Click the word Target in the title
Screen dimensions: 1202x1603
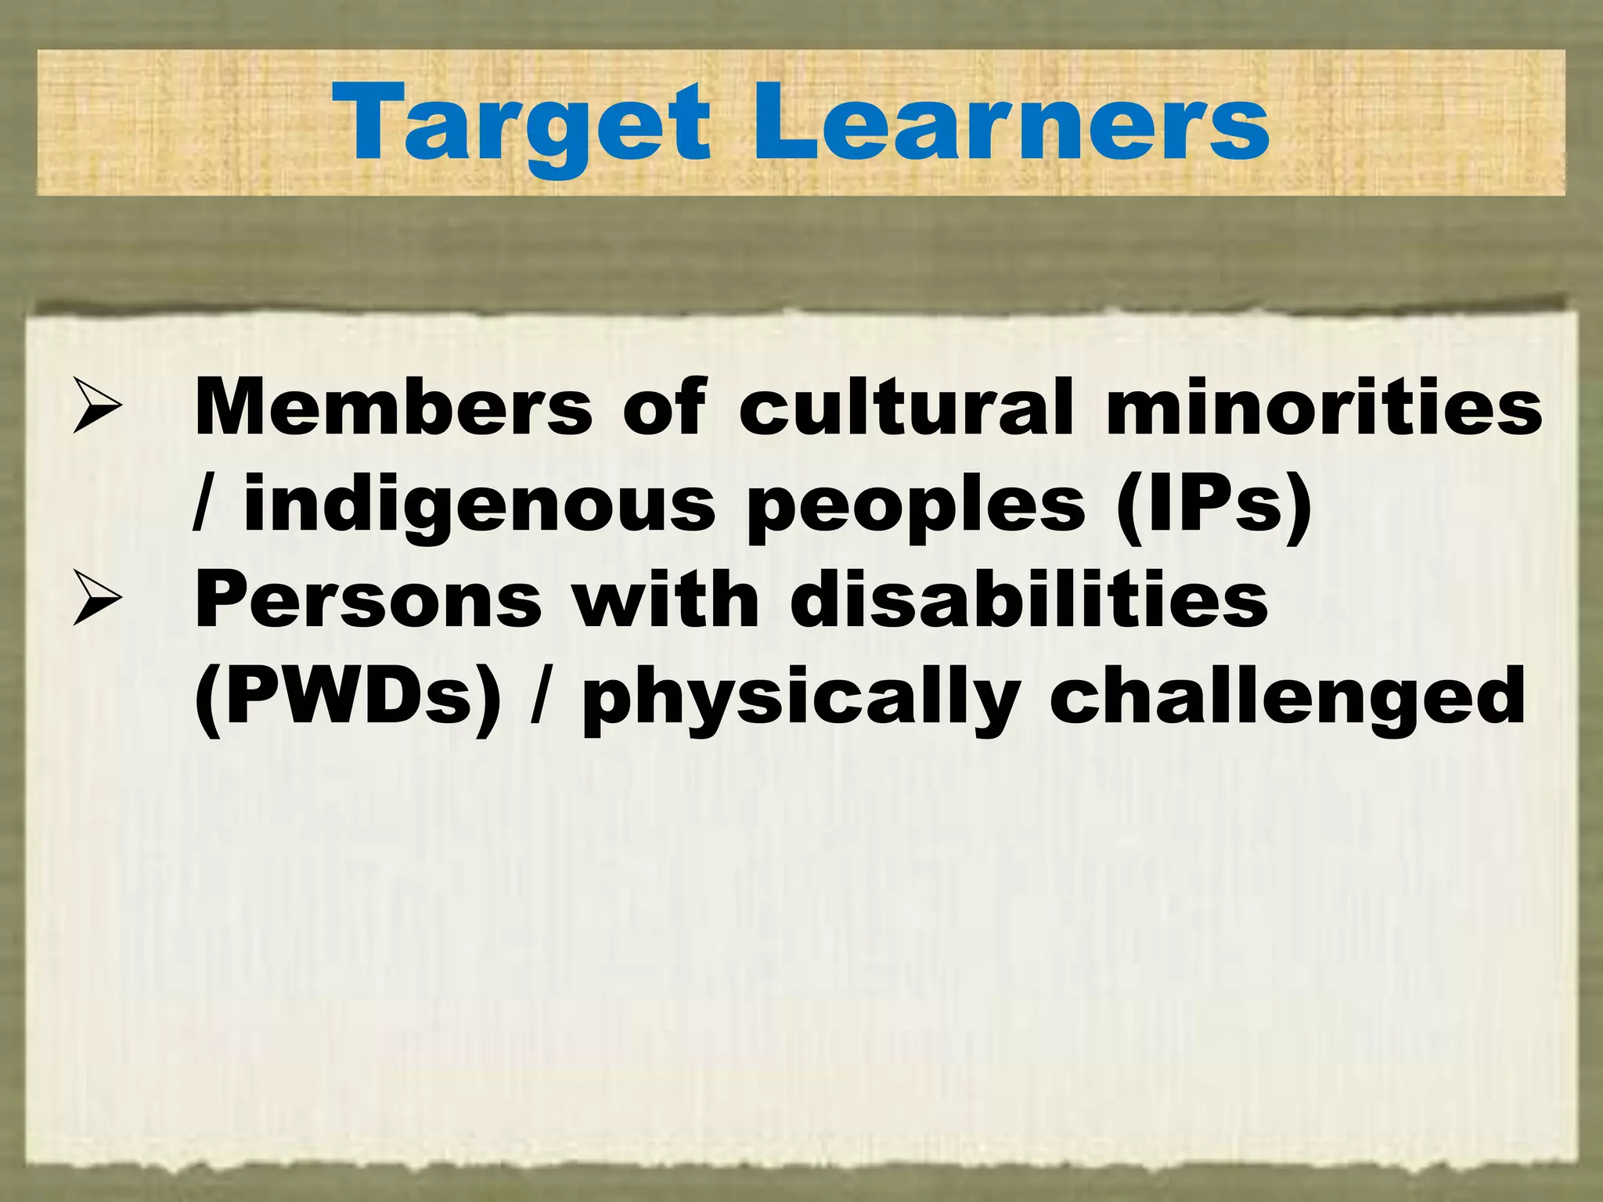click(521, 124)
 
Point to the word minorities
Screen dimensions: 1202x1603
click(1324, 407)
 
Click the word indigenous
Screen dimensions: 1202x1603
click(479, 505)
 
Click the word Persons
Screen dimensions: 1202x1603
click(368, 601)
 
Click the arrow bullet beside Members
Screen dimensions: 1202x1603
click(97, 405)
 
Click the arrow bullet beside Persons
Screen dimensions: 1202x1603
click(97, 599)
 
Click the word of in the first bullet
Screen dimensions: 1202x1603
click(664, 407)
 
